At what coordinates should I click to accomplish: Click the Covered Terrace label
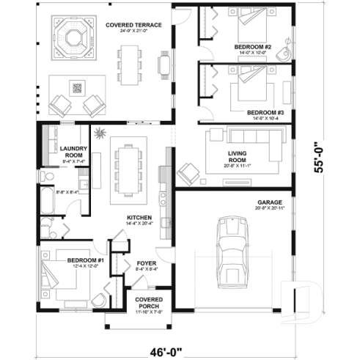click(128, 27)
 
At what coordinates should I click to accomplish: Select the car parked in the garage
click(234, 253)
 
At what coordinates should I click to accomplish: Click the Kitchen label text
click(139, 218)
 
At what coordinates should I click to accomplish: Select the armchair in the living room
click(188, 172)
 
